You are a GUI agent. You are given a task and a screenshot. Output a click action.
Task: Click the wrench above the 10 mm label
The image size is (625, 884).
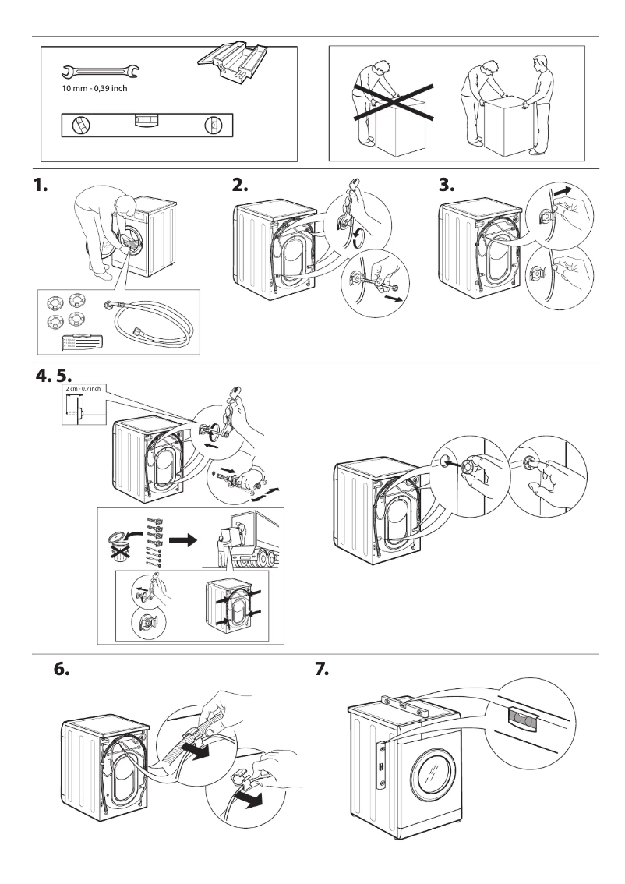pyautogui.click(x=101, y=73)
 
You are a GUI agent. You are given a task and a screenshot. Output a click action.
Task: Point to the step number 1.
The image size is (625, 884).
pyautogui.click(x=41, y=187)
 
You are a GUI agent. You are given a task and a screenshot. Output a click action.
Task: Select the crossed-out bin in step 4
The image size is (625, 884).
pyautogui.click(x=118, y=545)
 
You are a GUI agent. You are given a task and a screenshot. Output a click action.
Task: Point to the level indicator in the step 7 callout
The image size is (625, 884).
pyautogui.click(x=522, y=718)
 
